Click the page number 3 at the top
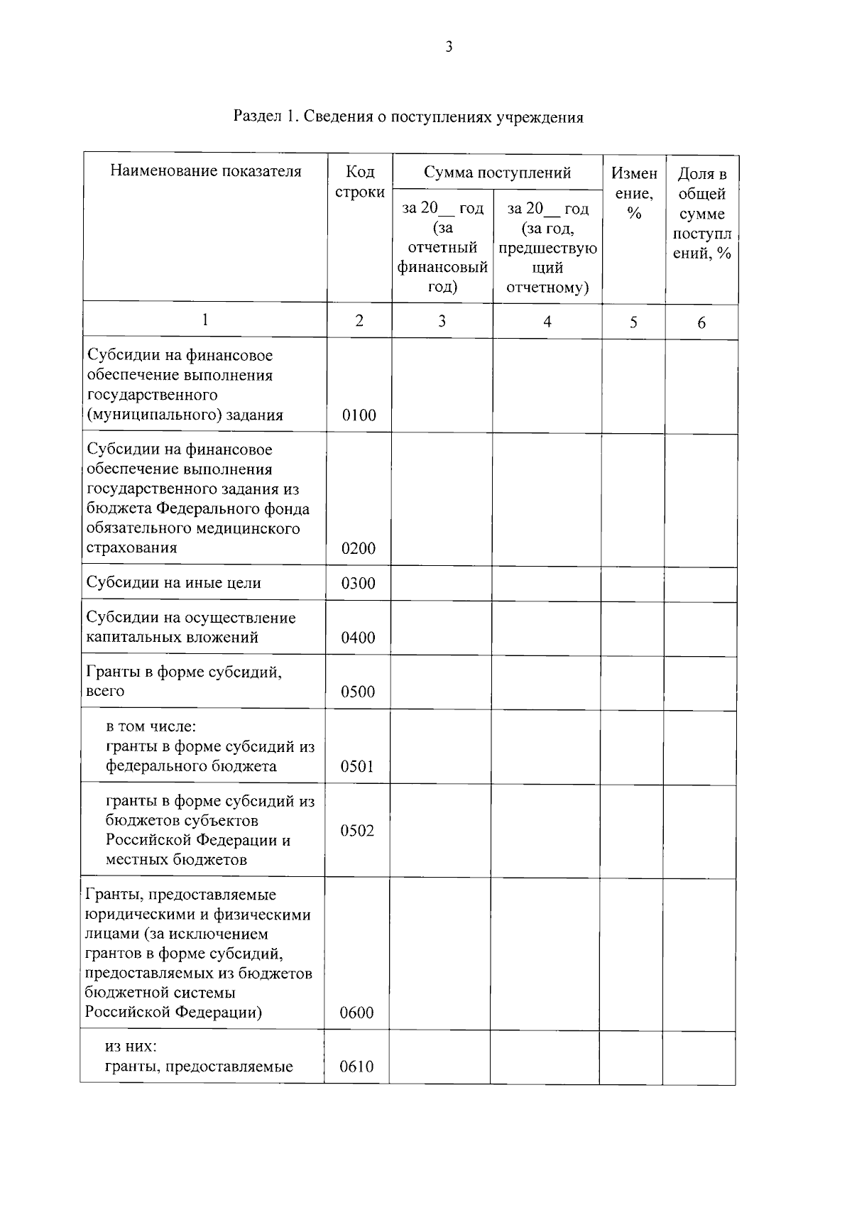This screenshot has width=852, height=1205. (448, 48)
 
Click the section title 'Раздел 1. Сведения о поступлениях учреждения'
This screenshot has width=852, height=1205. (408, 117)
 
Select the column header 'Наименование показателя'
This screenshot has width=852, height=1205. (205, 171)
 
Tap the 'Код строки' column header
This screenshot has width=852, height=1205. (359, 182)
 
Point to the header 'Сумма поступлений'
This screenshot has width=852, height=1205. (497, 173)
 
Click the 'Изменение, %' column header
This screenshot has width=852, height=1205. (633, 193)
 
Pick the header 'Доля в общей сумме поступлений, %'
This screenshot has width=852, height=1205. (701, 213)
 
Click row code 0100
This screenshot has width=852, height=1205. (359, 415)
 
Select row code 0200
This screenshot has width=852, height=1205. (358, 548)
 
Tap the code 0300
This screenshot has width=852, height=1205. (358, 584)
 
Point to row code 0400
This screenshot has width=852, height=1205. (358, 638)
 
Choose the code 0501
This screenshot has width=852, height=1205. (357, 766)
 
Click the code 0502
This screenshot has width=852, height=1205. (357, 831)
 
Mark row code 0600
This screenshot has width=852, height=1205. (356, 1013)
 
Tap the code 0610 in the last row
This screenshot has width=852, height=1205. (356, 1067)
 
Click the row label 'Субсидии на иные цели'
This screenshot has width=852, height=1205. (174, 583)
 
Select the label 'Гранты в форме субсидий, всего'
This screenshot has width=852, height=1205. (183, 681)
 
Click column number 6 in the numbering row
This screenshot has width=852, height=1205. (701, 323)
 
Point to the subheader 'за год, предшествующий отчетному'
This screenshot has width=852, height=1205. (547, 248)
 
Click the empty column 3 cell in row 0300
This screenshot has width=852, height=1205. (441, 584)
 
